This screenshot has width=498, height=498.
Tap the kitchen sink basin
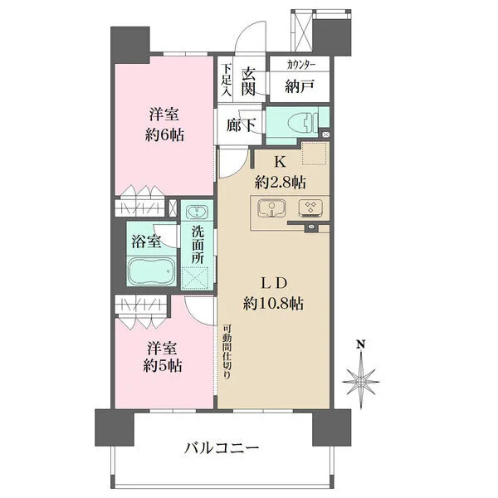pos(271,208)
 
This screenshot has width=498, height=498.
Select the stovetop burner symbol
pos(310,207)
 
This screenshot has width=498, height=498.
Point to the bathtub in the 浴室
pos(152,271)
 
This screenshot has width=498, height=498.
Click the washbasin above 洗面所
pos(197,211)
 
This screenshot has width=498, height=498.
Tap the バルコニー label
pos(222,448)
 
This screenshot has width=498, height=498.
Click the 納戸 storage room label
pos(300,86)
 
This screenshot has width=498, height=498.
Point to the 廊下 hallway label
pos(241,125)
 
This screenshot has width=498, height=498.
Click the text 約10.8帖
pos(273,304)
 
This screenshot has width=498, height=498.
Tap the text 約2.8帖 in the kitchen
pos(281,183)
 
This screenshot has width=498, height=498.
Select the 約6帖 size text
pos(164,135)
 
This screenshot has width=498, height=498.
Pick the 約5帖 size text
pos(163,366)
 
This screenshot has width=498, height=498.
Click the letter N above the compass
pos(360,344)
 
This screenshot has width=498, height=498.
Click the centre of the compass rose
pos(361,382)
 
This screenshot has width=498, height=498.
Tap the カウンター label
pos(300,65)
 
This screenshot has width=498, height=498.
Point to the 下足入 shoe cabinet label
pos(227,81)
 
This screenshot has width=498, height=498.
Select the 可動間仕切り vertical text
pos(227,352)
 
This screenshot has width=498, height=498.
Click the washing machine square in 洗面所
pos(195,278)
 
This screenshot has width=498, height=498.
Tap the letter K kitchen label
pos(280,162)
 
